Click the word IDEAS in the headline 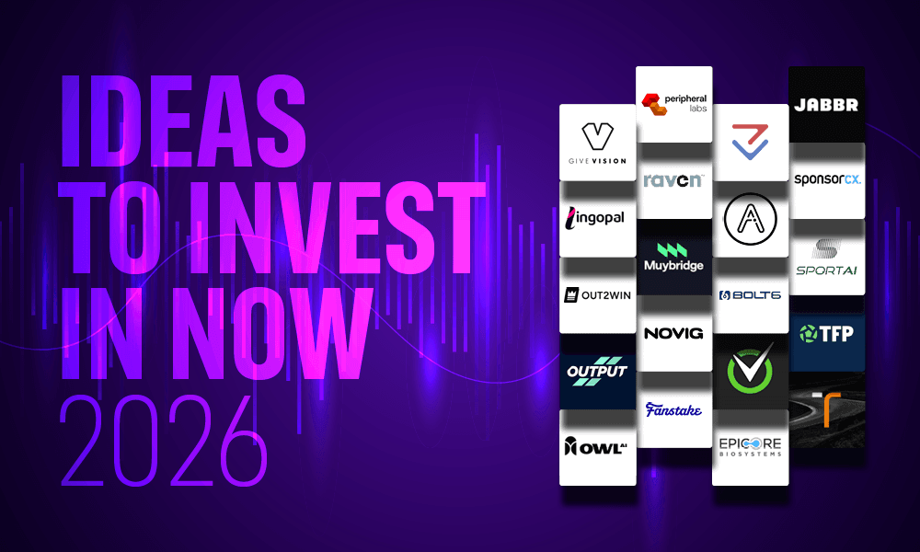pyautogui.click(x=184, y=121)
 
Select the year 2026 pyautogui.click(x=164, y=440)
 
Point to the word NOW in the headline pyautogui.click(x=272, y=334)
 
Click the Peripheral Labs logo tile pyautogui.click(x=674, y=104)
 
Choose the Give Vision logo pyautogui.click(x=597, y=144)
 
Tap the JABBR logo pyautogui.click(x=826, y=105)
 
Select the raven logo pyautogui.click(x=673, y=180)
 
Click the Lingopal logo pyautogui.click(x=594, y=218)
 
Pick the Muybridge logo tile pyautogui.click(x=674, y=257)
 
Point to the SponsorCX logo pyautogui.click(x=827, y=179)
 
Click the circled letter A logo pyautogui.click(x=751, y=219)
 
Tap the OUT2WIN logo pyautogui.click(x=597, y=295)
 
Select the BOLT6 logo pyautogui.click(x=750, y=295)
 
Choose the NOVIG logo pyautogui.click(x=673, y=333)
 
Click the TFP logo pyautogui.click(x=826, y=334)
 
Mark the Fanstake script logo pyautogui.click(x=673, y=409)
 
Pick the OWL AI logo pyautogui.click(x=595, y=446)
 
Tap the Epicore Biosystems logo pyautogui.click(x=751, y=446)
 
